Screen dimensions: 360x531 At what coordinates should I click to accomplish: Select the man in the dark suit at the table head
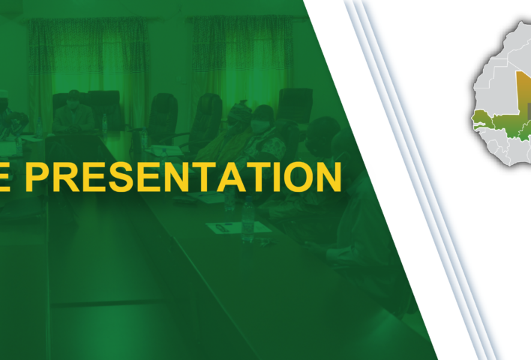coord(73,112)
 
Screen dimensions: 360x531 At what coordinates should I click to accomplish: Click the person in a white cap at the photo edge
coord(6,105)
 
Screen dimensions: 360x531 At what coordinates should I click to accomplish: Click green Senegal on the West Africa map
coord(488,119)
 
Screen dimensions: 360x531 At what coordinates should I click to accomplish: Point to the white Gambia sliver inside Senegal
coord(484,127)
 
